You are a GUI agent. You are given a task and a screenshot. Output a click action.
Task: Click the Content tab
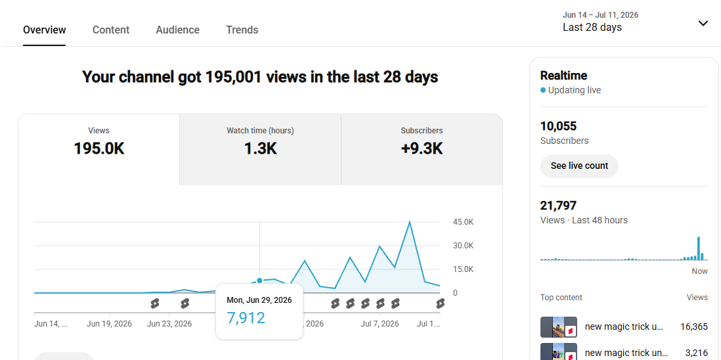(111, 30)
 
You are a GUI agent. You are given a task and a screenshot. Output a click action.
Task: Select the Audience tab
(177, 30)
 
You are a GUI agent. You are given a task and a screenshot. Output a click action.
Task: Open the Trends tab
(242, 30)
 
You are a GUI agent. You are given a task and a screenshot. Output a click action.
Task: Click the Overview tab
(45, 30)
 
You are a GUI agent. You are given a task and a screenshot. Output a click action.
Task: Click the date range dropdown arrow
(703, 24)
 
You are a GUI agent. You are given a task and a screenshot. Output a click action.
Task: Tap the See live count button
(579, 166)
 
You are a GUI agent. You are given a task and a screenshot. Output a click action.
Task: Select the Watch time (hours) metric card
(260, 150)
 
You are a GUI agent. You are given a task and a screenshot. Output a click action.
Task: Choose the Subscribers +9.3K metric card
(422, 150)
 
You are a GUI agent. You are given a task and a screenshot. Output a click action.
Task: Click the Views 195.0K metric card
(99, 150)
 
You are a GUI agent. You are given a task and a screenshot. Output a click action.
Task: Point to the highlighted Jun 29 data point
(260, 281)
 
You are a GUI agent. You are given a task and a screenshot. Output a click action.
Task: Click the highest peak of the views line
(409, 222)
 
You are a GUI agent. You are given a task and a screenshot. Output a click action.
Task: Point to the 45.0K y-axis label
(463, 222)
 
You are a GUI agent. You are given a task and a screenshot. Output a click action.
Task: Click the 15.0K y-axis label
(463, 269)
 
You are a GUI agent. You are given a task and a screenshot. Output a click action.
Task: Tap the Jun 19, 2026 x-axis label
(110, 324)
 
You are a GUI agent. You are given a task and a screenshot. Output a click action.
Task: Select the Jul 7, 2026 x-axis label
(380, 324)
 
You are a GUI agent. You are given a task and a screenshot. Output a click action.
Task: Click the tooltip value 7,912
(246, 318)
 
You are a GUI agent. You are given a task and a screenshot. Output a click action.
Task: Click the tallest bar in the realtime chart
(699, 248)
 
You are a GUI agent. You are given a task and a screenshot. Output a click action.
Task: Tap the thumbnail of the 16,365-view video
(559, 327)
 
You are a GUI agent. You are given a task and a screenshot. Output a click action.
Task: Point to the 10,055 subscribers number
(558, 126)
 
